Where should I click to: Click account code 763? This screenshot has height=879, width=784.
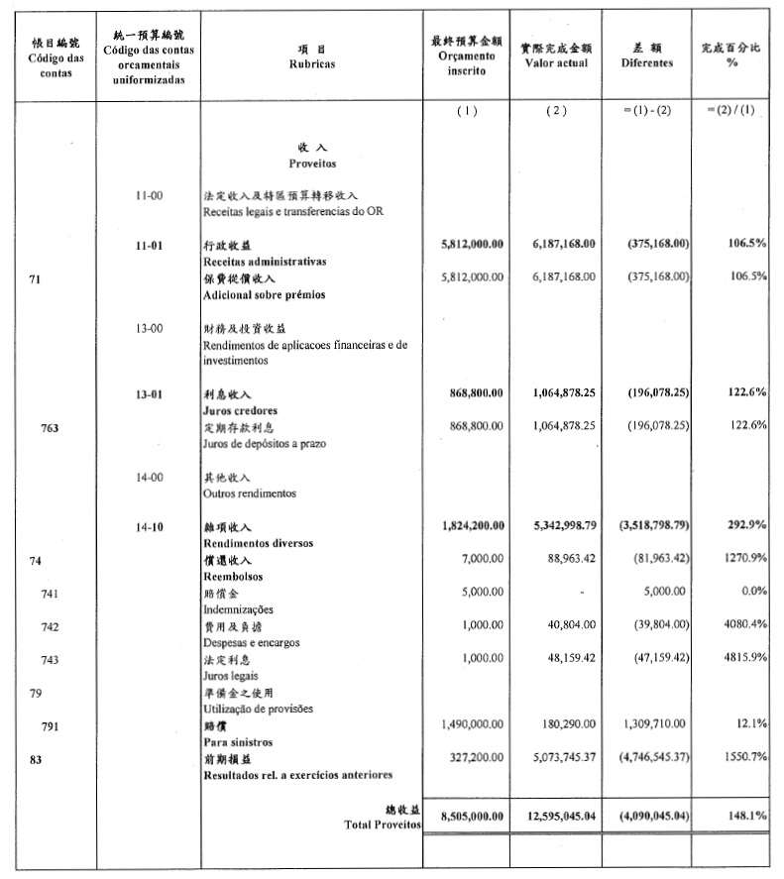click(51, 428)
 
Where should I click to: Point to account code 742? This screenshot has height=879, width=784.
click(51, 627)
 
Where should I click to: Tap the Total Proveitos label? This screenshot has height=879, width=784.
click(381, 824)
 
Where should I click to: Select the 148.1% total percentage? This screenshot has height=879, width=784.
click(747, 817)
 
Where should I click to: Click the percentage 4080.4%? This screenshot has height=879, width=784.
click(743, 627)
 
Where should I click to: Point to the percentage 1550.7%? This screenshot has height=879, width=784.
click(743, 758)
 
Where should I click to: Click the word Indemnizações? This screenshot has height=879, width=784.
click(238, 609)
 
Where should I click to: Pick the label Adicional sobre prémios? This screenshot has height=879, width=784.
click(264, 294)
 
